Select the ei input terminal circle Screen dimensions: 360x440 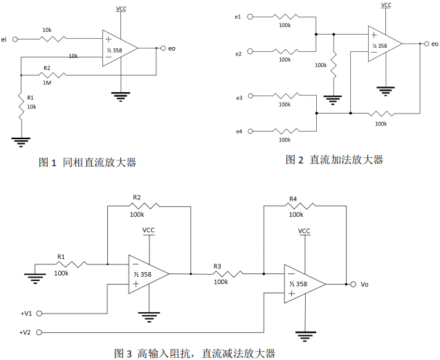coord(16,39)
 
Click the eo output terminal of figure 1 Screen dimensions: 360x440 coord(163,48)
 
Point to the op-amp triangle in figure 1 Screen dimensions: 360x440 coord(118,48)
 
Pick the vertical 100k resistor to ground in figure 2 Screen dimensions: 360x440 coord(333,65)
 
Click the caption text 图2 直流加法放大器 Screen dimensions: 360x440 coord(334,160)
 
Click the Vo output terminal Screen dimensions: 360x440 coord(353,284)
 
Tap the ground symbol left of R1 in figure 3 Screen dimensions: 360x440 coord(33,278)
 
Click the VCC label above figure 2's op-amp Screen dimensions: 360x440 coord(386,6)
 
